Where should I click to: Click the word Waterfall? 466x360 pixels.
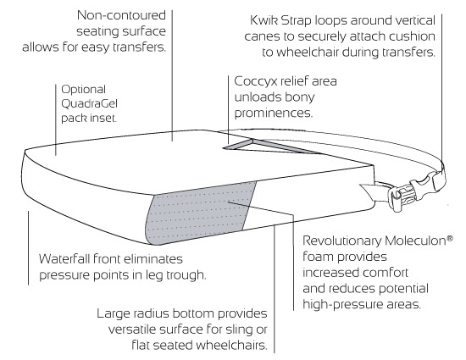pos(69,258)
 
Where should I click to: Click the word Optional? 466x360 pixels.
pos(81,88)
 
